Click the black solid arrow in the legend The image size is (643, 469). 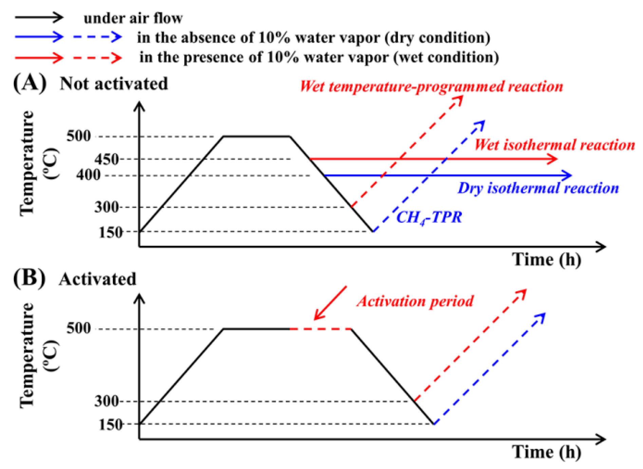[x=39, y=17]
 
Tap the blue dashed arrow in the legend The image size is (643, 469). [x=97, y=37]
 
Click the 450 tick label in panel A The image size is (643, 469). [x=106, y=159]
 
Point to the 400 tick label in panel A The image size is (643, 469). [x=88, y=175]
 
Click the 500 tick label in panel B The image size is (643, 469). [x=79, y=328]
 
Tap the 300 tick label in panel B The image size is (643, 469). [x=106, y=401]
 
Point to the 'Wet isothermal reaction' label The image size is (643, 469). [x=554, y=145]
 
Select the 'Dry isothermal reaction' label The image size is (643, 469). [x=538, y=188]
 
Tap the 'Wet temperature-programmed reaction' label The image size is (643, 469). [x=431, y=87]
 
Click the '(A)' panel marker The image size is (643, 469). [x=30, y=83]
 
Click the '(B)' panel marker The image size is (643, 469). [x=29, y=278]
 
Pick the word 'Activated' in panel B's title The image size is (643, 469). [x=98, y=279]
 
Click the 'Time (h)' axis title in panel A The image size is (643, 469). [x=546, y=260]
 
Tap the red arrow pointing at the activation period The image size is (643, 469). [x=330, y=303]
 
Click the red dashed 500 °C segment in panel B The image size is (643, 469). [x=320, y=329]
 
